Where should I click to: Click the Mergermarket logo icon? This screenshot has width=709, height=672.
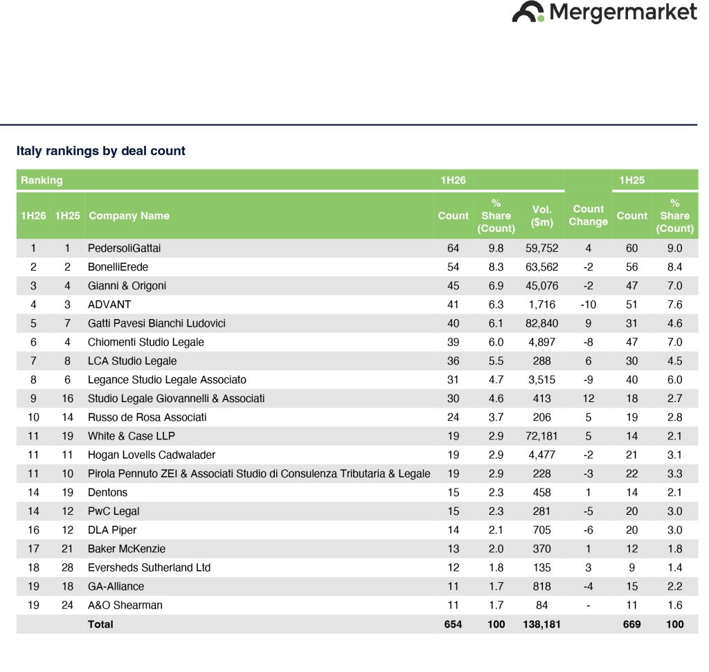[x=528, y=12]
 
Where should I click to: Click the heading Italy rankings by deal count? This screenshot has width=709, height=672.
[x=101, y=151]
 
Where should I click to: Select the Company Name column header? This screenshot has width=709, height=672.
[x=129, y=215]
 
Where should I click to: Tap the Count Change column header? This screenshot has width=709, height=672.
[x=588, y=215]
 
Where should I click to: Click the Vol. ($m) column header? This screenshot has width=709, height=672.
[x=541, y=215]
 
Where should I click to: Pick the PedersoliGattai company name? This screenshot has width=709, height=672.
[x=124, y=248]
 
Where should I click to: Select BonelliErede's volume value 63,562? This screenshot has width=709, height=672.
[x=541, y=267]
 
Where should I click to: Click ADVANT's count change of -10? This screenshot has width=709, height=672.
[x=588, y=305]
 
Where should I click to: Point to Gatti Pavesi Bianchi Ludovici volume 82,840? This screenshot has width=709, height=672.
[x=541, y=324]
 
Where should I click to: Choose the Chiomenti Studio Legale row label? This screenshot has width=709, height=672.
[x=145, y=342]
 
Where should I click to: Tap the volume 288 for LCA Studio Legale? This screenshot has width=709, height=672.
[x=541, y=361]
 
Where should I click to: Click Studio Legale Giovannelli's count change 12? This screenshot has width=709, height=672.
[x=588, y=399]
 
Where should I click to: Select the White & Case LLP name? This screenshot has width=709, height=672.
[x=131, y=436]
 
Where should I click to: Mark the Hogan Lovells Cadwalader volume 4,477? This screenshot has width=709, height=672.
[x=541, y=455]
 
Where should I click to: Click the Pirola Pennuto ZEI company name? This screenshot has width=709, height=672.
[x=259, y=473]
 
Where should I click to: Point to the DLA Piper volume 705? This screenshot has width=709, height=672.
[x=541, y=530]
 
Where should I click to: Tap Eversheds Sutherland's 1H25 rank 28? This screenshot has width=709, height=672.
[x=67, y=567]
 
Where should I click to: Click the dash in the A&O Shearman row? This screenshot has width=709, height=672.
[x=588, y=606]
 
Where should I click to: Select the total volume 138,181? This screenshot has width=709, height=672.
[x=541, y=624]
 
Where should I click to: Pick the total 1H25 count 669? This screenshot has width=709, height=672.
[x=631, y=624]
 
